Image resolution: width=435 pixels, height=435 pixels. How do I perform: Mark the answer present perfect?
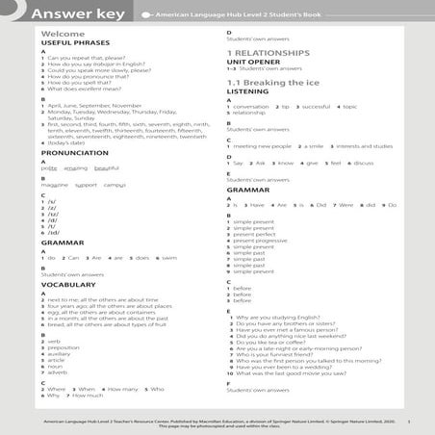tap(253, 234)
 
